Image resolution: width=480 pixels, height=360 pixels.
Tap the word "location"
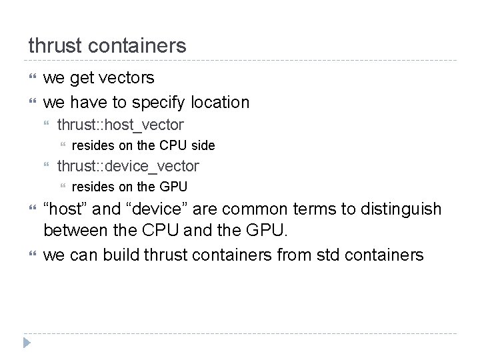coord(220,102)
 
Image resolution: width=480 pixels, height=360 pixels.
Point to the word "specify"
coord(159,103)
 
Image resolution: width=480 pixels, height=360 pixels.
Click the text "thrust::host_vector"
coord(121,125)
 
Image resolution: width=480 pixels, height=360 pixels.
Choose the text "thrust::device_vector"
coord(128,166)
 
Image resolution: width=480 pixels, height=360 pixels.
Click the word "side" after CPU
coord(203,145)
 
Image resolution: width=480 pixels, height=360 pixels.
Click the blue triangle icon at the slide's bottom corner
coord(25,345)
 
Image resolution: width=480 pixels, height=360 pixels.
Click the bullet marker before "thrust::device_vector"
coord(47,167)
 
